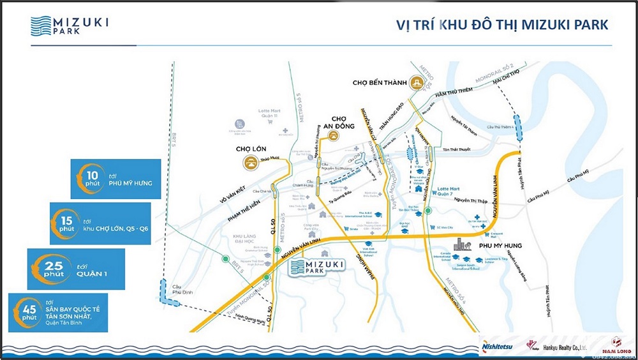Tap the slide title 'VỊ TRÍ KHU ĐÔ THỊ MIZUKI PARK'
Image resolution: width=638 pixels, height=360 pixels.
501,25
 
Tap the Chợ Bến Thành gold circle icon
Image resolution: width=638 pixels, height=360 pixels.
417,82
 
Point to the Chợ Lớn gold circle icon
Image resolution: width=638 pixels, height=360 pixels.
249,163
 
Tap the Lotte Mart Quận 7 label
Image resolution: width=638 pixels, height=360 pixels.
452,193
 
